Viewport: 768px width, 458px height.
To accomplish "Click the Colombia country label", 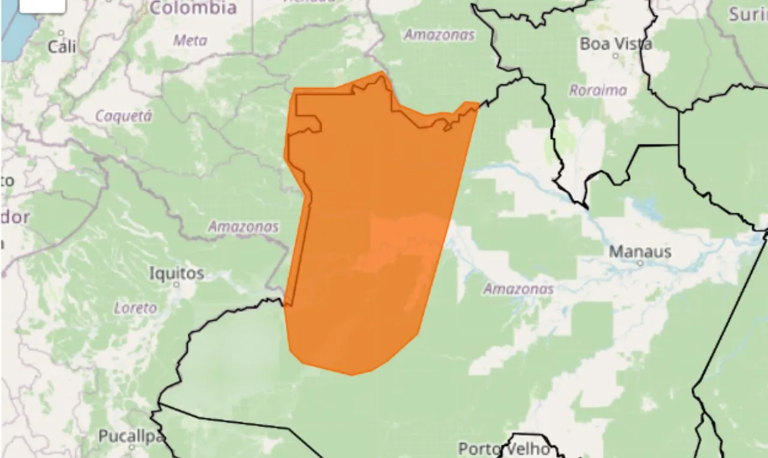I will coord(193,8).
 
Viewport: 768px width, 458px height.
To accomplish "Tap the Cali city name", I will coord(62,47).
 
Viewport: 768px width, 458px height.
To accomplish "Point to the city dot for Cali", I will coord(61,32).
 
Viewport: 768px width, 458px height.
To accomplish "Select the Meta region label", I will coord(190,41).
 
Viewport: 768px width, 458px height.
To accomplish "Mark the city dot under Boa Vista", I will coord(616,56).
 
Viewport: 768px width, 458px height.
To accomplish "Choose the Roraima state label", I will coord(598,91).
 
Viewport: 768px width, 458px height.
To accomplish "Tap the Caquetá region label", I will coord(124,116).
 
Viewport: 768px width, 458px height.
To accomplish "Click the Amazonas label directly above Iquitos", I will coord(243,227).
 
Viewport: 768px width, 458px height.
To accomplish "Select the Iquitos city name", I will coord(176,274).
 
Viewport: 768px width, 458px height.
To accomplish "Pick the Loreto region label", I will coord(136,308).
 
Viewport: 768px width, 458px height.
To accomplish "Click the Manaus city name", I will coord(640,252).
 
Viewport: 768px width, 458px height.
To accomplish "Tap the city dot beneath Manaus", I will coord(640,263).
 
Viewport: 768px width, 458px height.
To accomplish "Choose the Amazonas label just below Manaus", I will coord(518,290).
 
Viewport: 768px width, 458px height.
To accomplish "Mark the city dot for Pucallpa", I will coord(132,447).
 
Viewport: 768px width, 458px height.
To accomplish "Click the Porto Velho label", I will coord(504,448).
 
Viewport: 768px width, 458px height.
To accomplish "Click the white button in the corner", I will coord(42,5).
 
